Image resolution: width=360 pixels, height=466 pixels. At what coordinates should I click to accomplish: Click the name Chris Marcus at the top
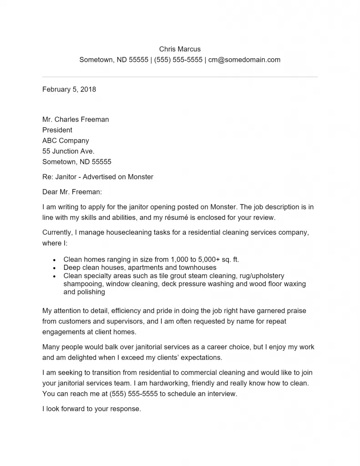[x=180, y=49]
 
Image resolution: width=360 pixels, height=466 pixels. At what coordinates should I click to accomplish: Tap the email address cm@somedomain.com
[x=244, y=60]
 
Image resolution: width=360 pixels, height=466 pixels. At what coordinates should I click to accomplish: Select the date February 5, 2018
[x=69, y=89]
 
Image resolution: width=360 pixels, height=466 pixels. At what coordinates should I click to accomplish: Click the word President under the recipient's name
[x=57, y=130]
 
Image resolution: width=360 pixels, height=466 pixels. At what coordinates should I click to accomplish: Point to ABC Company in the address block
[x=66, y=141]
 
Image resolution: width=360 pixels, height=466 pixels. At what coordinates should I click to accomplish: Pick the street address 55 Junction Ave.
[x=68, y=151]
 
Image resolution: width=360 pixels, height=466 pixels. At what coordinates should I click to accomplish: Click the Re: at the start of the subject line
[x=47, y=177]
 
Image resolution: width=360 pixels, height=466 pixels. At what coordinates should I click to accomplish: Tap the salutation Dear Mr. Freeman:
[x=72, y=192]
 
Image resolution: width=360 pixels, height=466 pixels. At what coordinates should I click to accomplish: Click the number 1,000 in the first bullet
[x=172, y=259]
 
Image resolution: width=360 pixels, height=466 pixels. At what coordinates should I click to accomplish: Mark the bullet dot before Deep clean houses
[x=54, y=268]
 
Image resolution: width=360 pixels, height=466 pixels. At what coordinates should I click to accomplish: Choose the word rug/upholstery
[x=258, y=276]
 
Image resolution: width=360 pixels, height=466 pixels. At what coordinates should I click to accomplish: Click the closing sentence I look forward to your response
[x=92, y=409]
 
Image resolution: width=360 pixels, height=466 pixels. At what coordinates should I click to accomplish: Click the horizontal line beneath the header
[x=180, y=77]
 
